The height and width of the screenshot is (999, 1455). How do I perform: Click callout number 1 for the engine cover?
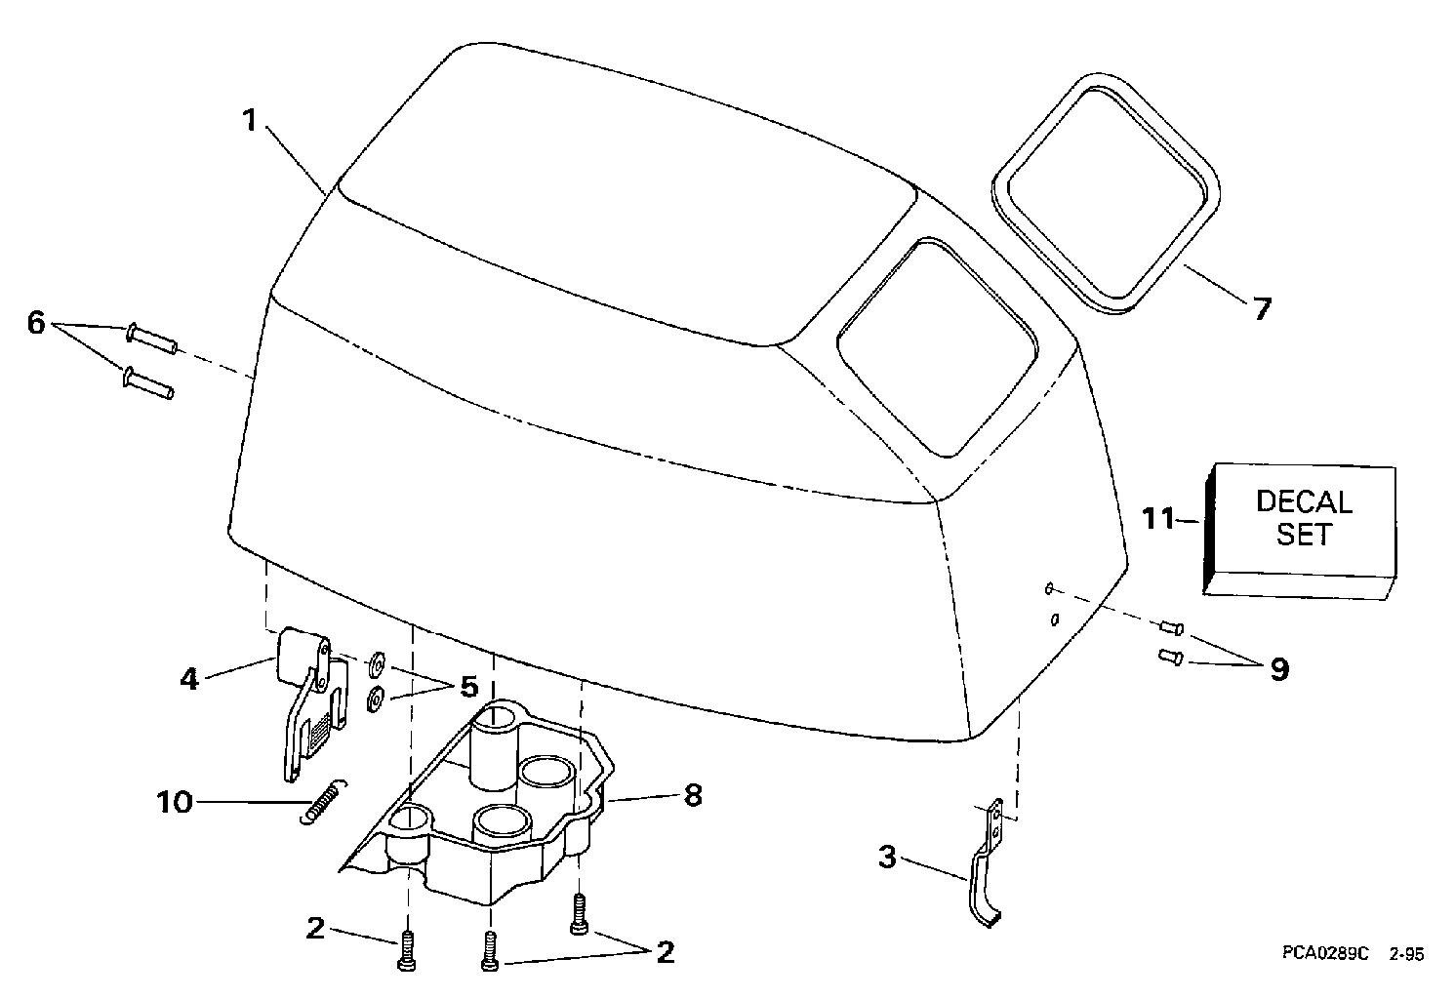click(250, 121)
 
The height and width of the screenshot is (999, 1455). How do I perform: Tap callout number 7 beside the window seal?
click(1262, 310)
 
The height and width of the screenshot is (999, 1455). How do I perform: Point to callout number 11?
click(1159, 519)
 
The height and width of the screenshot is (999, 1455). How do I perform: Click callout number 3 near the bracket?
click(886, 858)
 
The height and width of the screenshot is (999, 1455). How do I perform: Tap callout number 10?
click(176, 803)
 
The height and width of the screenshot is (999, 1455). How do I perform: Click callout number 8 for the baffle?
click(692, 795)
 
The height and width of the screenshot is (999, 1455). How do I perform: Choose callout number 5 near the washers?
click(469, 686)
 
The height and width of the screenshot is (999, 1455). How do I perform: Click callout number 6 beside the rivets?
click(36, 323)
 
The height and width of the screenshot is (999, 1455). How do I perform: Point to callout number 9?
click(1278, 669)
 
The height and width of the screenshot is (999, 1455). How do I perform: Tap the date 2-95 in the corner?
click(1406, 955)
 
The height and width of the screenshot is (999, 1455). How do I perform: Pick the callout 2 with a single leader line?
click(314, 929)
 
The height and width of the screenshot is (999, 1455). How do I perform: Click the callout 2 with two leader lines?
click(665, 951)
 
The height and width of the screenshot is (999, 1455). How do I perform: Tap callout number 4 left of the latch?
click(189, 678)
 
